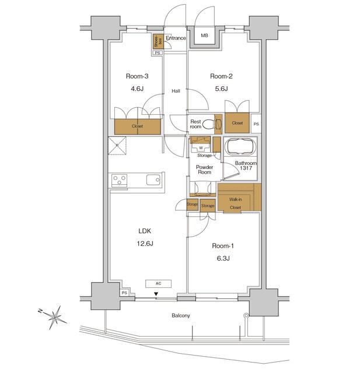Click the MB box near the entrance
click(204, 36)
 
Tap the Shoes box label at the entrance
click(156, 41)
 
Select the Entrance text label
click(176, 38)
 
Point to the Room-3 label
click(137, 76)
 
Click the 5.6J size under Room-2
click(219, 89)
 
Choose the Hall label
click(176, 91)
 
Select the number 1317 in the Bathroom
click(245, 169)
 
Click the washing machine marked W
click(201, 147)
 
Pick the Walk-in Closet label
click(235, 203)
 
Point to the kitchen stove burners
click(120, 180)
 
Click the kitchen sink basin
click(153, 180)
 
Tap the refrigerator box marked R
click(117, 146)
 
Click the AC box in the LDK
click(158, 284)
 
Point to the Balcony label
click(180, 315)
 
